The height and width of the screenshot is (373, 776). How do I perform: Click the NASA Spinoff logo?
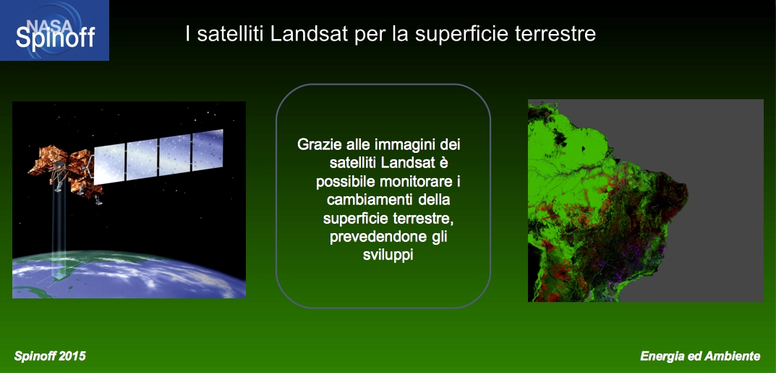(54, 30)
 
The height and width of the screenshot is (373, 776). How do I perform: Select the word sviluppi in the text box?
(388, 256)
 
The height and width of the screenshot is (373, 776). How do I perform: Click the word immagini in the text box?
(403, 145)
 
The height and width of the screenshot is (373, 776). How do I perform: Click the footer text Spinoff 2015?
(49, 356)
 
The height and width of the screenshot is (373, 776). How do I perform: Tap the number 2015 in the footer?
(72, 356)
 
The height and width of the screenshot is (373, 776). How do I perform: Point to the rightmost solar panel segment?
(208, 150)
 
